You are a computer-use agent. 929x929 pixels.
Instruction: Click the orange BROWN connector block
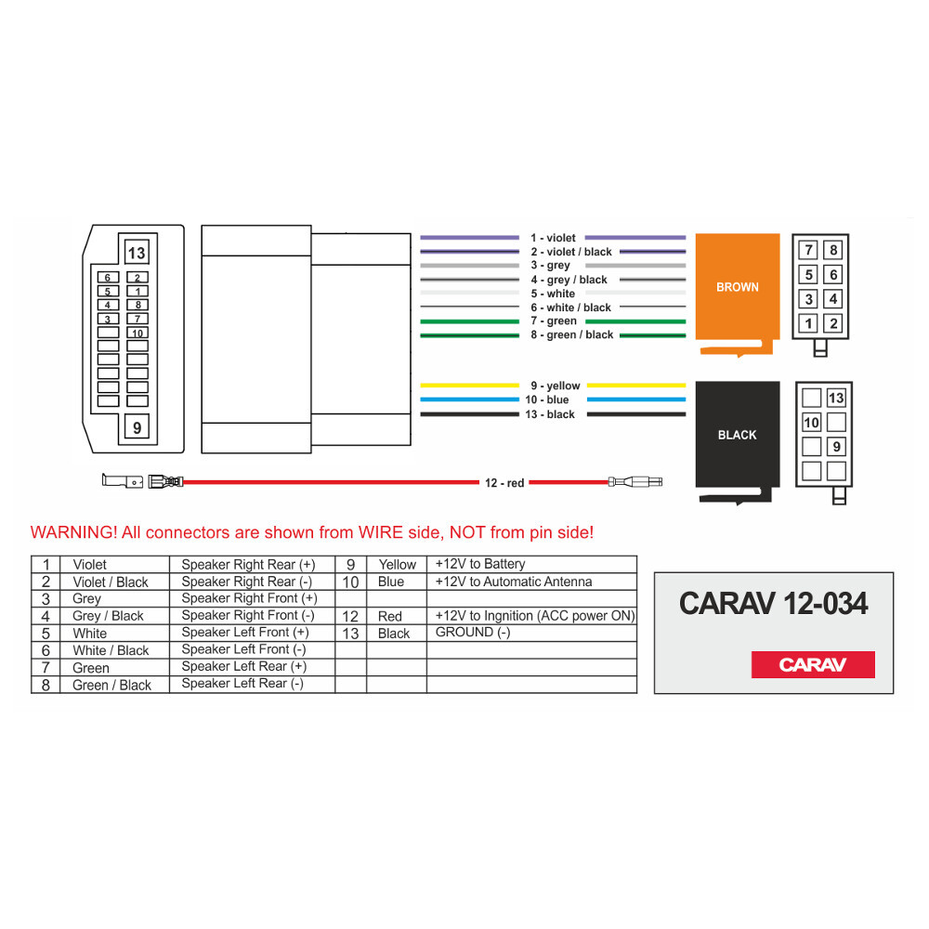(738, 287)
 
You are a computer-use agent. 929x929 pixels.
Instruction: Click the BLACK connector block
(738, 435)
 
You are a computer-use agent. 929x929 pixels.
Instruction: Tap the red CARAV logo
(813, 665)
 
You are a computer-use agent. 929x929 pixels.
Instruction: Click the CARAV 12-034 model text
(773, 604)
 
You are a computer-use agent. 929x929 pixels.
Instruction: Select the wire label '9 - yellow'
(556, 386)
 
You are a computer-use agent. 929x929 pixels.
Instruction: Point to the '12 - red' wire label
(504, 482)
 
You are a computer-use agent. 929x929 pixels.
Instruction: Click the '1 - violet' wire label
(553, 239)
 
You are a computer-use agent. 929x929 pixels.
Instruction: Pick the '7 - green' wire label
(554, 321)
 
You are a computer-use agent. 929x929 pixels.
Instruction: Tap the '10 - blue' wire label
(547, 400)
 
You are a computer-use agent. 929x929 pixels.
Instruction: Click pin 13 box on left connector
(137, 253)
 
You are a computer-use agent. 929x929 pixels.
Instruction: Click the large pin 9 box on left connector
(137, 428)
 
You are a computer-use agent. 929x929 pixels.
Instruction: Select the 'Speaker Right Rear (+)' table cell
(248, 565)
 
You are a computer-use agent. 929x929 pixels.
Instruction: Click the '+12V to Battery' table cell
(480, 564)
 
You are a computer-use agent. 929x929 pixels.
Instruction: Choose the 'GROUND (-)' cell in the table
(473, 633)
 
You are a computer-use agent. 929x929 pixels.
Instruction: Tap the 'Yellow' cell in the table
(398, 565)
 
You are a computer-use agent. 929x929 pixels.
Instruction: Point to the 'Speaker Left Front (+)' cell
(245, 633)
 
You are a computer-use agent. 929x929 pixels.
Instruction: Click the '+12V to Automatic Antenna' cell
(514, 582)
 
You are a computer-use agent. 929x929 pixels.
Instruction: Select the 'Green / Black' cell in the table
(111, 686)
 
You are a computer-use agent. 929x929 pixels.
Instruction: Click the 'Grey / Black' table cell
(108, 616)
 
